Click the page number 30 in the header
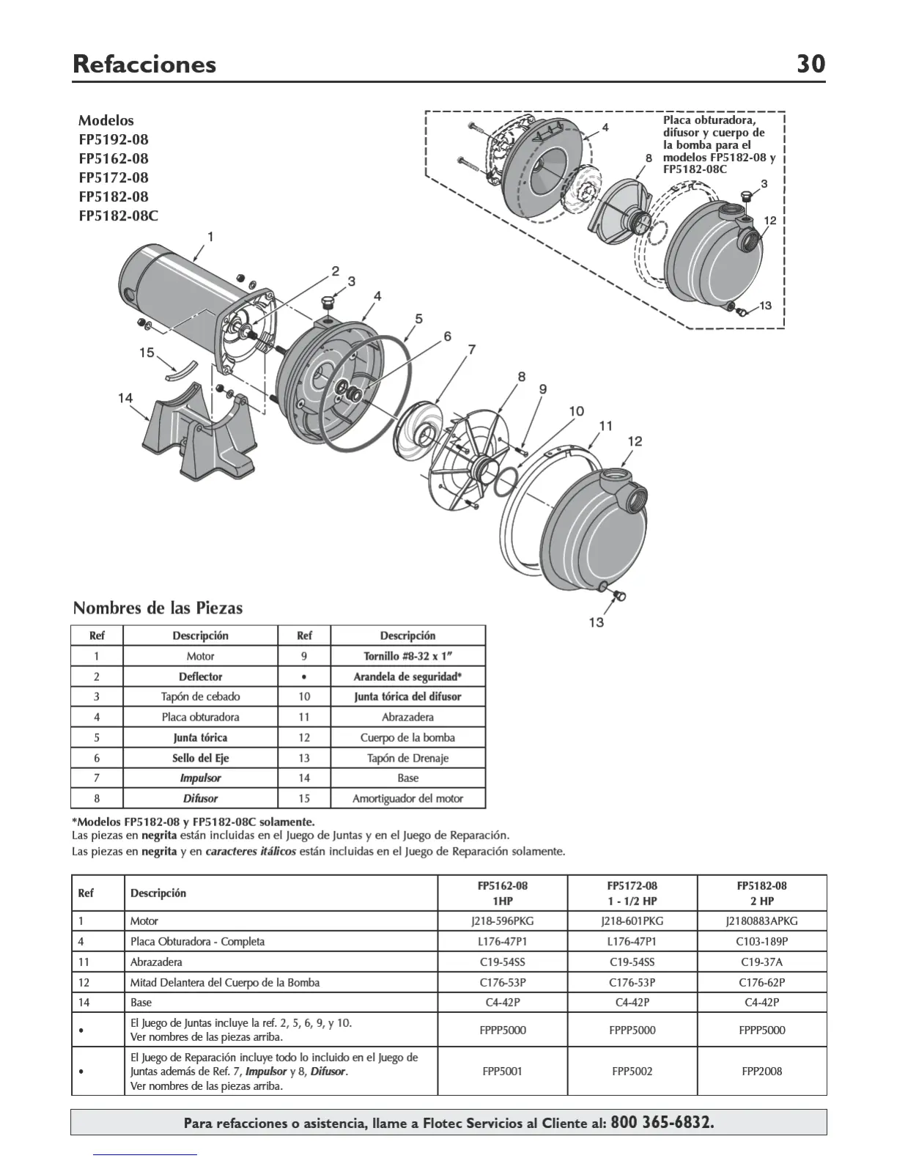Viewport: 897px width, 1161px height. pyautogui.click(x=811, y=64)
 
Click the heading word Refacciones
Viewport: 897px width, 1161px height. pyautogui.click(x=144, y=64)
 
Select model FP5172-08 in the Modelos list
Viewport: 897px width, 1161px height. pyautogui.click(x=114, y=177)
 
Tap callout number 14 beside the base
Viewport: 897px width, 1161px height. pyautogui.click(x=125, y=398)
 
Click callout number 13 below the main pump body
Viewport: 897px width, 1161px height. pyautogui.click(x=597, y=622)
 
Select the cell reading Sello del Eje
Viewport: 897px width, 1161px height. pyautogui.click(x=200, y=758)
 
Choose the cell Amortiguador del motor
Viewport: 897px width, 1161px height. pyautogui.click(x=407, y=798)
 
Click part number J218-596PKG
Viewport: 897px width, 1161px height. pyautogui.click(x=502, y=921)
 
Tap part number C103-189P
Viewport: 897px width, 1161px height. pyautogui.click(x=761, y=941)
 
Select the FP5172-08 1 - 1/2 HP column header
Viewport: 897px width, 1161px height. pyautogui.click(x=632, y=893)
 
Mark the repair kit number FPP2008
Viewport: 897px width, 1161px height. pyautogui.click(x=761, y=1071)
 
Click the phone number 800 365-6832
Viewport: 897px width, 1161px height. pyautogui.click(x=662, y=1122)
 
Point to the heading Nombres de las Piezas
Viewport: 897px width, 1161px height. pyautogui.click(x=158, y=608)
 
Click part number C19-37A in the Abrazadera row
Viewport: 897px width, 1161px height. pyautogui.click(x=761, y=962)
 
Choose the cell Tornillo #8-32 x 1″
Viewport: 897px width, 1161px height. pyautogui.click(x=407, y=656)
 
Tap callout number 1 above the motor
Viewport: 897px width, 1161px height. pyautogui.click(x=210, y=237)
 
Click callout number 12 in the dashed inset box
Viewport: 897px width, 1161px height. pyautogui.click(x=769, y=220)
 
